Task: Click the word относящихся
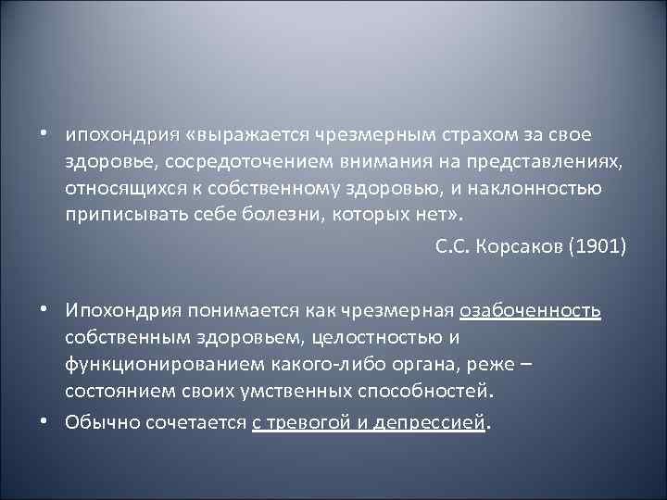pos(116,190)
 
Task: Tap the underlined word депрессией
pos(440,423)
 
